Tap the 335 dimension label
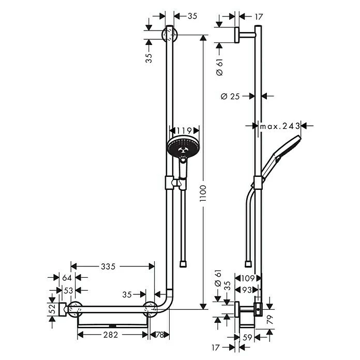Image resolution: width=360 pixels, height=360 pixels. coord(108,266)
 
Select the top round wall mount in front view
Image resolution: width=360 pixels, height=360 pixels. coord(169,35)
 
